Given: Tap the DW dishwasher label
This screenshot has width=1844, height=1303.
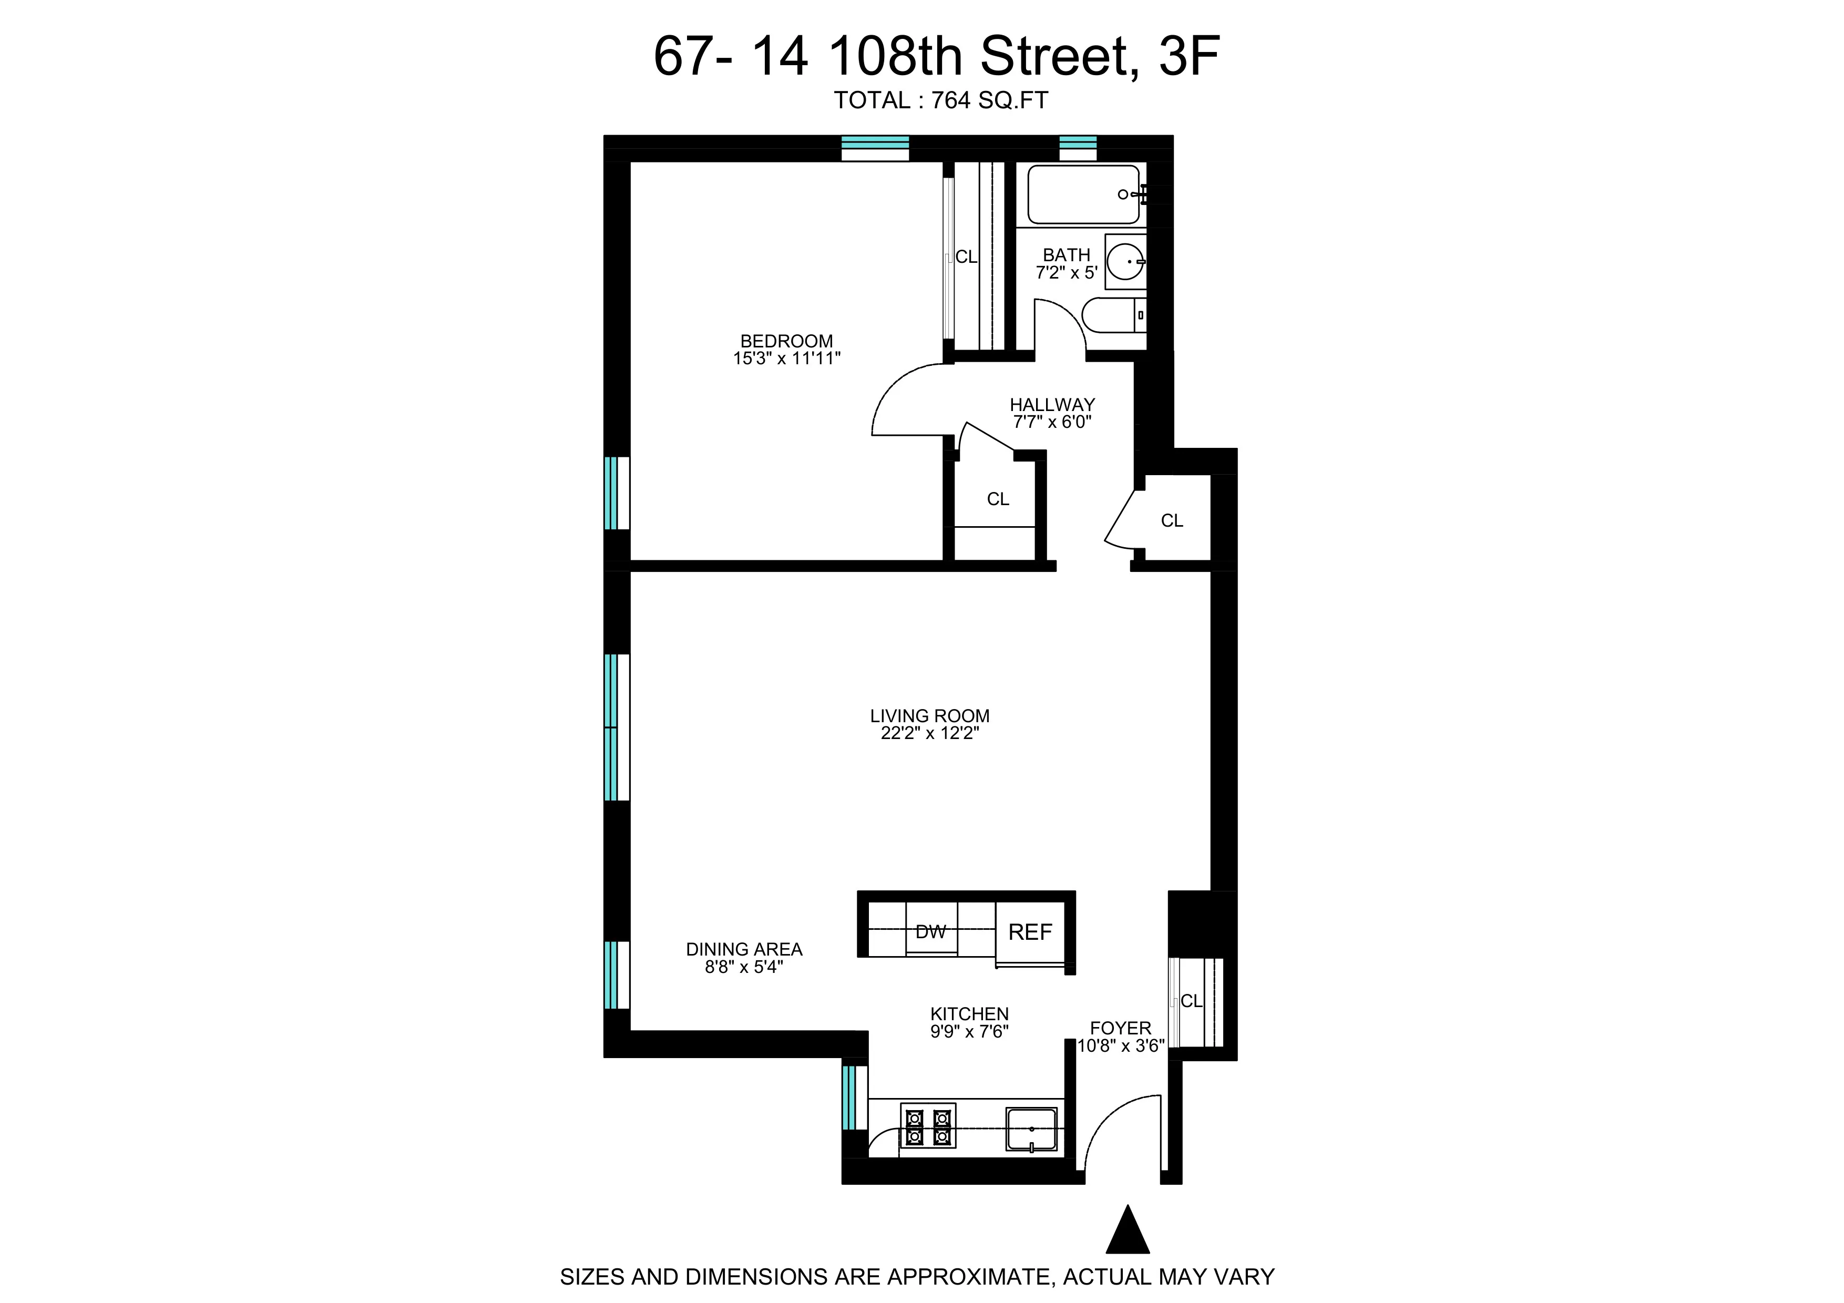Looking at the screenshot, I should (x=931, y=932).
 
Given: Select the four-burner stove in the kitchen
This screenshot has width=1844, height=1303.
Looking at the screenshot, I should (x=928, y=1126).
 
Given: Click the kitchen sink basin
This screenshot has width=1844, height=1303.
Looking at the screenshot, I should (x=1031, y=1129).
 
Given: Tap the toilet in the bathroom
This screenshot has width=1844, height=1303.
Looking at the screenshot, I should (x=1112, y=315).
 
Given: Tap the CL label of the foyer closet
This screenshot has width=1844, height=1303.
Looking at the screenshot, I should (x=1191, y=1001).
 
